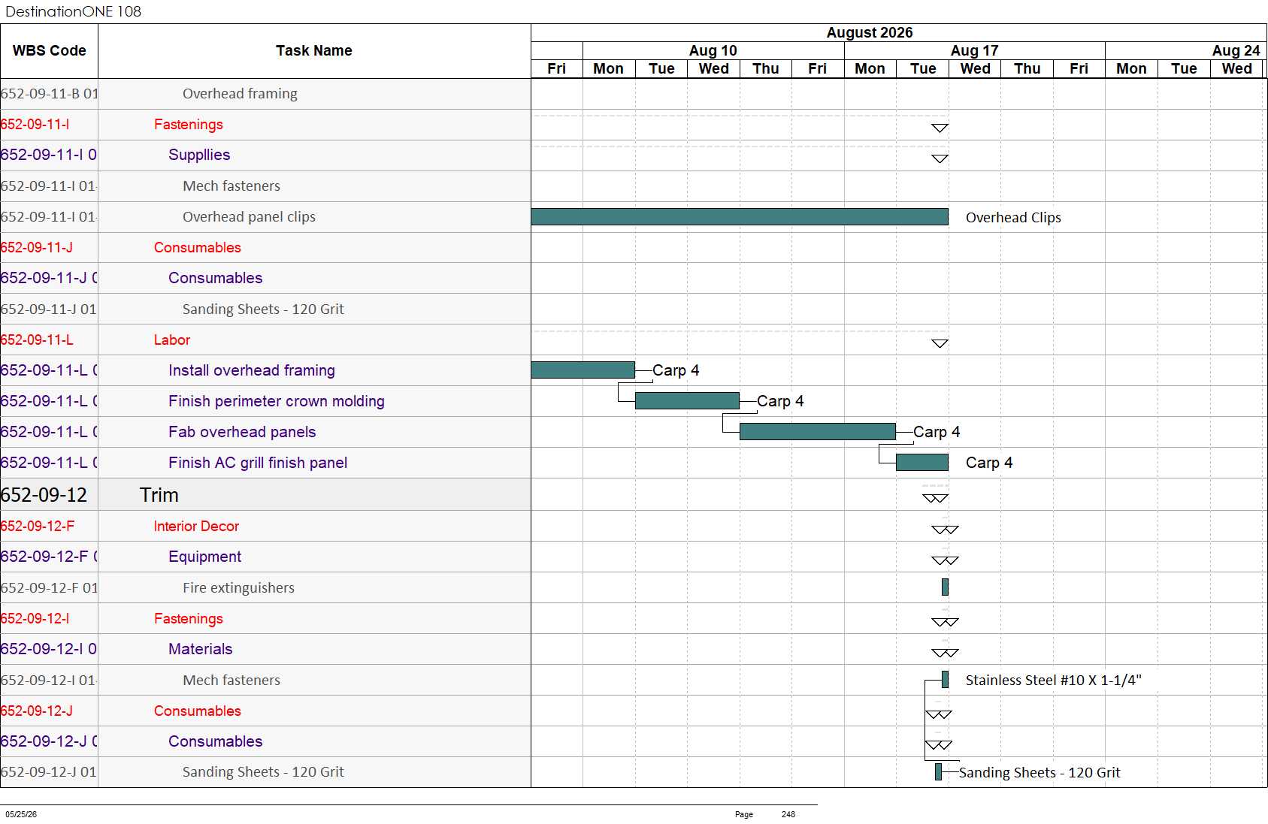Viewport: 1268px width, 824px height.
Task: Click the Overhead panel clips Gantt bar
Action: [740, 216]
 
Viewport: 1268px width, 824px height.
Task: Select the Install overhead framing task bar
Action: [583, 370]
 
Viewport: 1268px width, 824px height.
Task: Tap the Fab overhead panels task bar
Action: [818, 431]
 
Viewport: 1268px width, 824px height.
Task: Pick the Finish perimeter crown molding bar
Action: [687, 400]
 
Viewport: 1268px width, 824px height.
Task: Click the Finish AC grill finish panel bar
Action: [922, 462]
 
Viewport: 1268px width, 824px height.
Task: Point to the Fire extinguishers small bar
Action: [945, 587]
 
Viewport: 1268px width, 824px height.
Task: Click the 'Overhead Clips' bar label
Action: [1013, 218]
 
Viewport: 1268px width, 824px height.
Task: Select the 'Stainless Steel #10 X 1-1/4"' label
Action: [1054, 680]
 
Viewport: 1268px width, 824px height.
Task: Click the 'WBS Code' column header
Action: [50, 50]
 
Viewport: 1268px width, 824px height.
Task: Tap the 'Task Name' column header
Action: [314, 50]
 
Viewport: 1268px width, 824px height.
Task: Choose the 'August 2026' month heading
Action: [870, 32]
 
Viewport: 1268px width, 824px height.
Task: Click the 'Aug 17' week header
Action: [974, 50]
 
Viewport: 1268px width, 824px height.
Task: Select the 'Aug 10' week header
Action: [713, 50]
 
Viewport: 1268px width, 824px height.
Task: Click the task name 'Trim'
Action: [159, 495]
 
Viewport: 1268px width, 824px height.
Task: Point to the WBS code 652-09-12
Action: [44, 495]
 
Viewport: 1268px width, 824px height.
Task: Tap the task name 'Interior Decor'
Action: [196, 526]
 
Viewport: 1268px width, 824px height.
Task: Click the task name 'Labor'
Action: [172, 340]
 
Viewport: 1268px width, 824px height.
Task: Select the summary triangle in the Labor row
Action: [940, 343]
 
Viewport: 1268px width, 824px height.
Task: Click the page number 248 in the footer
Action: [788, 814]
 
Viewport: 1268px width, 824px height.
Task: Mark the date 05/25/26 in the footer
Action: [22, 814]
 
